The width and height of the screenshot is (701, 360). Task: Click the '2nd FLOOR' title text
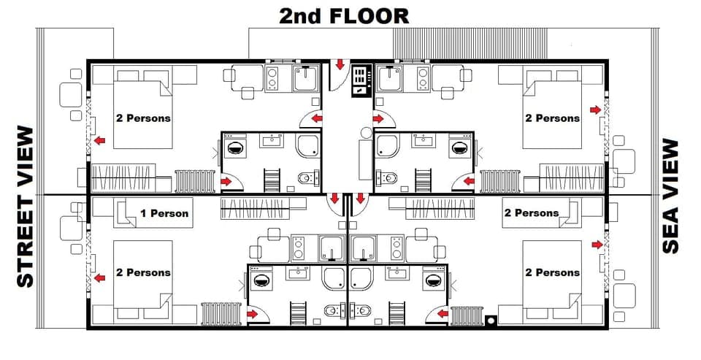(x=344, y=15)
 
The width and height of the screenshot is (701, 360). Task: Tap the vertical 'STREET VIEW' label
(x=25, y=207)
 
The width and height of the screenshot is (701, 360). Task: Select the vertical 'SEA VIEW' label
(x=671, y=196)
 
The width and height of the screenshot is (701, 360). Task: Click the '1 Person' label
(x=164, y=214)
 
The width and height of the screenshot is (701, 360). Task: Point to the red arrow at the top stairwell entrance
(x=340, y=65)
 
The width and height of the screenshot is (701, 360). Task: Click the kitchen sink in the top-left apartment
(x=304, y=78)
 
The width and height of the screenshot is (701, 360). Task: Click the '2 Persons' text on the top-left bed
(x=143, y=118)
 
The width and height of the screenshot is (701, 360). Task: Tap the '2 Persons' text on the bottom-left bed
(x=143, y=272)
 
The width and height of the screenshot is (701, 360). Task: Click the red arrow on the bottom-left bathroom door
(x=253, y=314)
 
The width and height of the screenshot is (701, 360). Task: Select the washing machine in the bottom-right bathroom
(x=432, y=280)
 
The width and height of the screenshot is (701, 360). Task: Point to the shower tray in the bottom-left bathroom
(x=336, y=277)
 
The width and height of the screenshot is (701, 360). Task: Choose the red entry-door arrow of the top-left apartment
(x=316, y=118)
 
